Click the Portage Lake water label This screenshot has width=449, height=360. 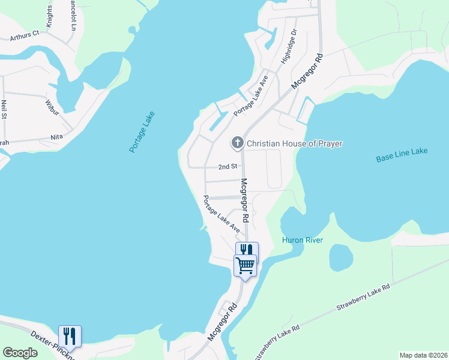[x=142, y=132]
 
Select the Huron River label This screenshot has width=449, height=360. [x=303, y=240]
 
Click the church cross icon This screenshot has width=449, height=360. [x=238, y=143]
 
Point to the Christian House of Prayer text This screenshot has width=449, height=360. [x=295, y=143]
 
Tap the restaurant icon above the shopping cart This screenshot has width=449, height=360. [x=247, y=250]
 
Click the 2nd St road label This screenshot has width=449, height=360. [x=228, y=166]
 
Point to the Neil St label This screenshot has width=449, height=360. [x=4, y=110]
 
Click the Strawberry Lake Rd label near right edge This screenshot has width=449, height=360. [x=363, y=298]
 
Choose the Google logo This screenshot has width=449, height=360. [x=20, y=353]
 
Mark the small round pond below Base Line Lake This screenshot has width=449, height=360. [x=341, y=257]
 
